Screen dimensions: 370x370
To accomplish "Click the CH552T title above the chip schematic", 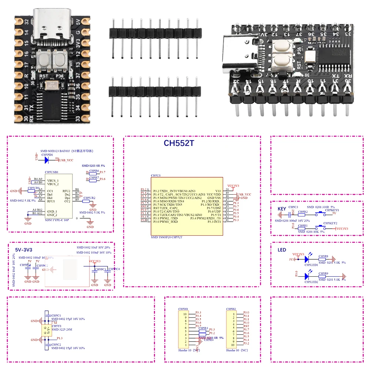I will [x=179, y=143].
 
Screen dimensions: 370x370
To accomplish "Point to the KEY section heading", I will [x=282, y=209].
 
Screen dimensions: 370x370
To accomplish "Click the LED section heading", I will [x=282, y=250].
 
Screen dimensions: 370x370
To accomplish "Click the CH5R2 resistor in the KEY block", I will [x=303, y=214].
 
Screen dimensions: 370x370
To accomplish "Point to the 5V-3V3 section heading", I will [x=24, y=249].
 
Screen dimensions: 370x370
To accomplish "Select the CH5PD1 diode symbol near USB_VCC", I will [x=47, y=160].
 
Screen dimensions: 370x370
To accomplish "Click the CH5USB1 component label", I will [x=51, y=172].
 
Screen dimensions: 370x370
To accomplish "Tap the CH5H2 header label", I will [x=231, y=309].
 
